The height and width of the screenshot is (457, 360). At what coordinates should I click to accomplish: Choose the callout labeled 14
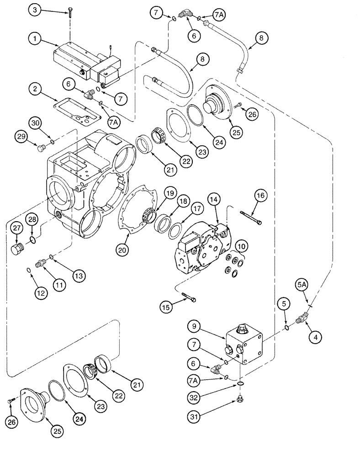[x=213, y=199]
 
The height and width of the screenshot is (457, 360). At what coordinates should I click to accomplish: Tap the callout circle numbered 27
[x=16, y=228]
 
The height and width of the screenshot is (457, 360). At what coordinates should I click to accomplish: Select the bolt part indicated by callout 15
[x=190, y=298]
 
